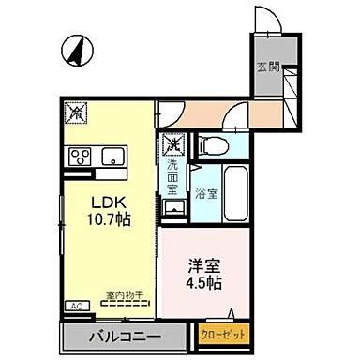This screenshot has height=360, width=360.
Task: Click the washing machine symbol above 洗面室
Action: click(172, 145)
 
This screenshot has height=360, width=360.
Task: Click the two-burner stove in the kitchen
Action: click(79, 155)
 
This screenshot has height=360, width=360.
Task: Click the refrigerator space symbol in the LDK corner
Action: click(74, 112)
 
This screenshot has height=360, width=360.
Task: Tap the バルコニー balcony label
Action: click(125, 335)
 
